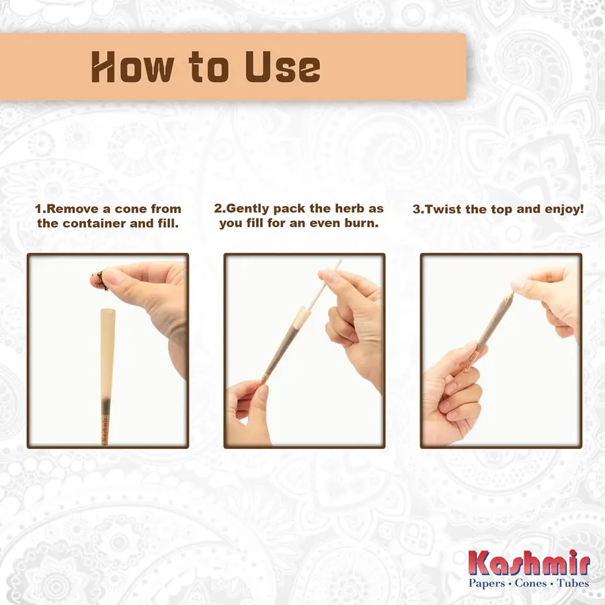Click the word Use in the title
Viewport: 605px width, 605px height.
click(x=283, y=67)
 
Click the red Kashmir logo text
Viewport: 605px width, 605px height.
click(x=529, y=564)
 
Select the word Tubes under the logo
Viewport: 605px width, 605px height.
click(x=573, y=583)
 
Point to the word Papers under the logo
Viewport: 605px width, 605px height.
click(x=487, y=583)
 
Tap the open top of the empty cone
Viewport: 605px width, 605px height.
click(x=108, y=310)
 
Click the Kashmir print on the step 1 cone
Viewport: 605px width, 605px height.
click(x=105, y=429)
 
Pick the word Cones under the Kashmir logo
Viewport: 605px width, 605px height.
click(x=530, y=583)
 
